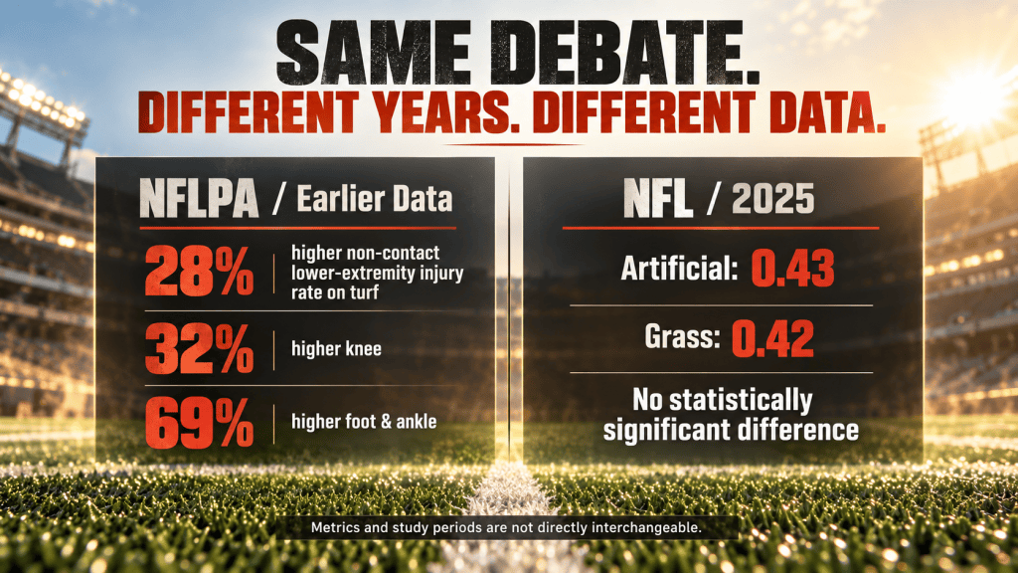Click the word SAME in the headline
point(374,53)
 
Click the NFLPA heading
point(199,198)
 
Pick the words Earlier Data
point(375,198)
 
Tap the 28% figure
point(199,271)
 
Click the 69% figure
point(199,423)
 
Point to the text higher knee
point(336,349)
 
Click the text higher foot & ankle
point(364,422)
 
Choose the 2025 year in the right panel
point(772,198)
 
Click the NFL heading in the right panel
point(658,198)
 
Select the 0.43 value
point(792,269)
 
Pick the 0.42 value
point(772,338)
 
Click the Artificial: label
point(679,268)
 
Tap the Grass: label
point(682,336)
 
